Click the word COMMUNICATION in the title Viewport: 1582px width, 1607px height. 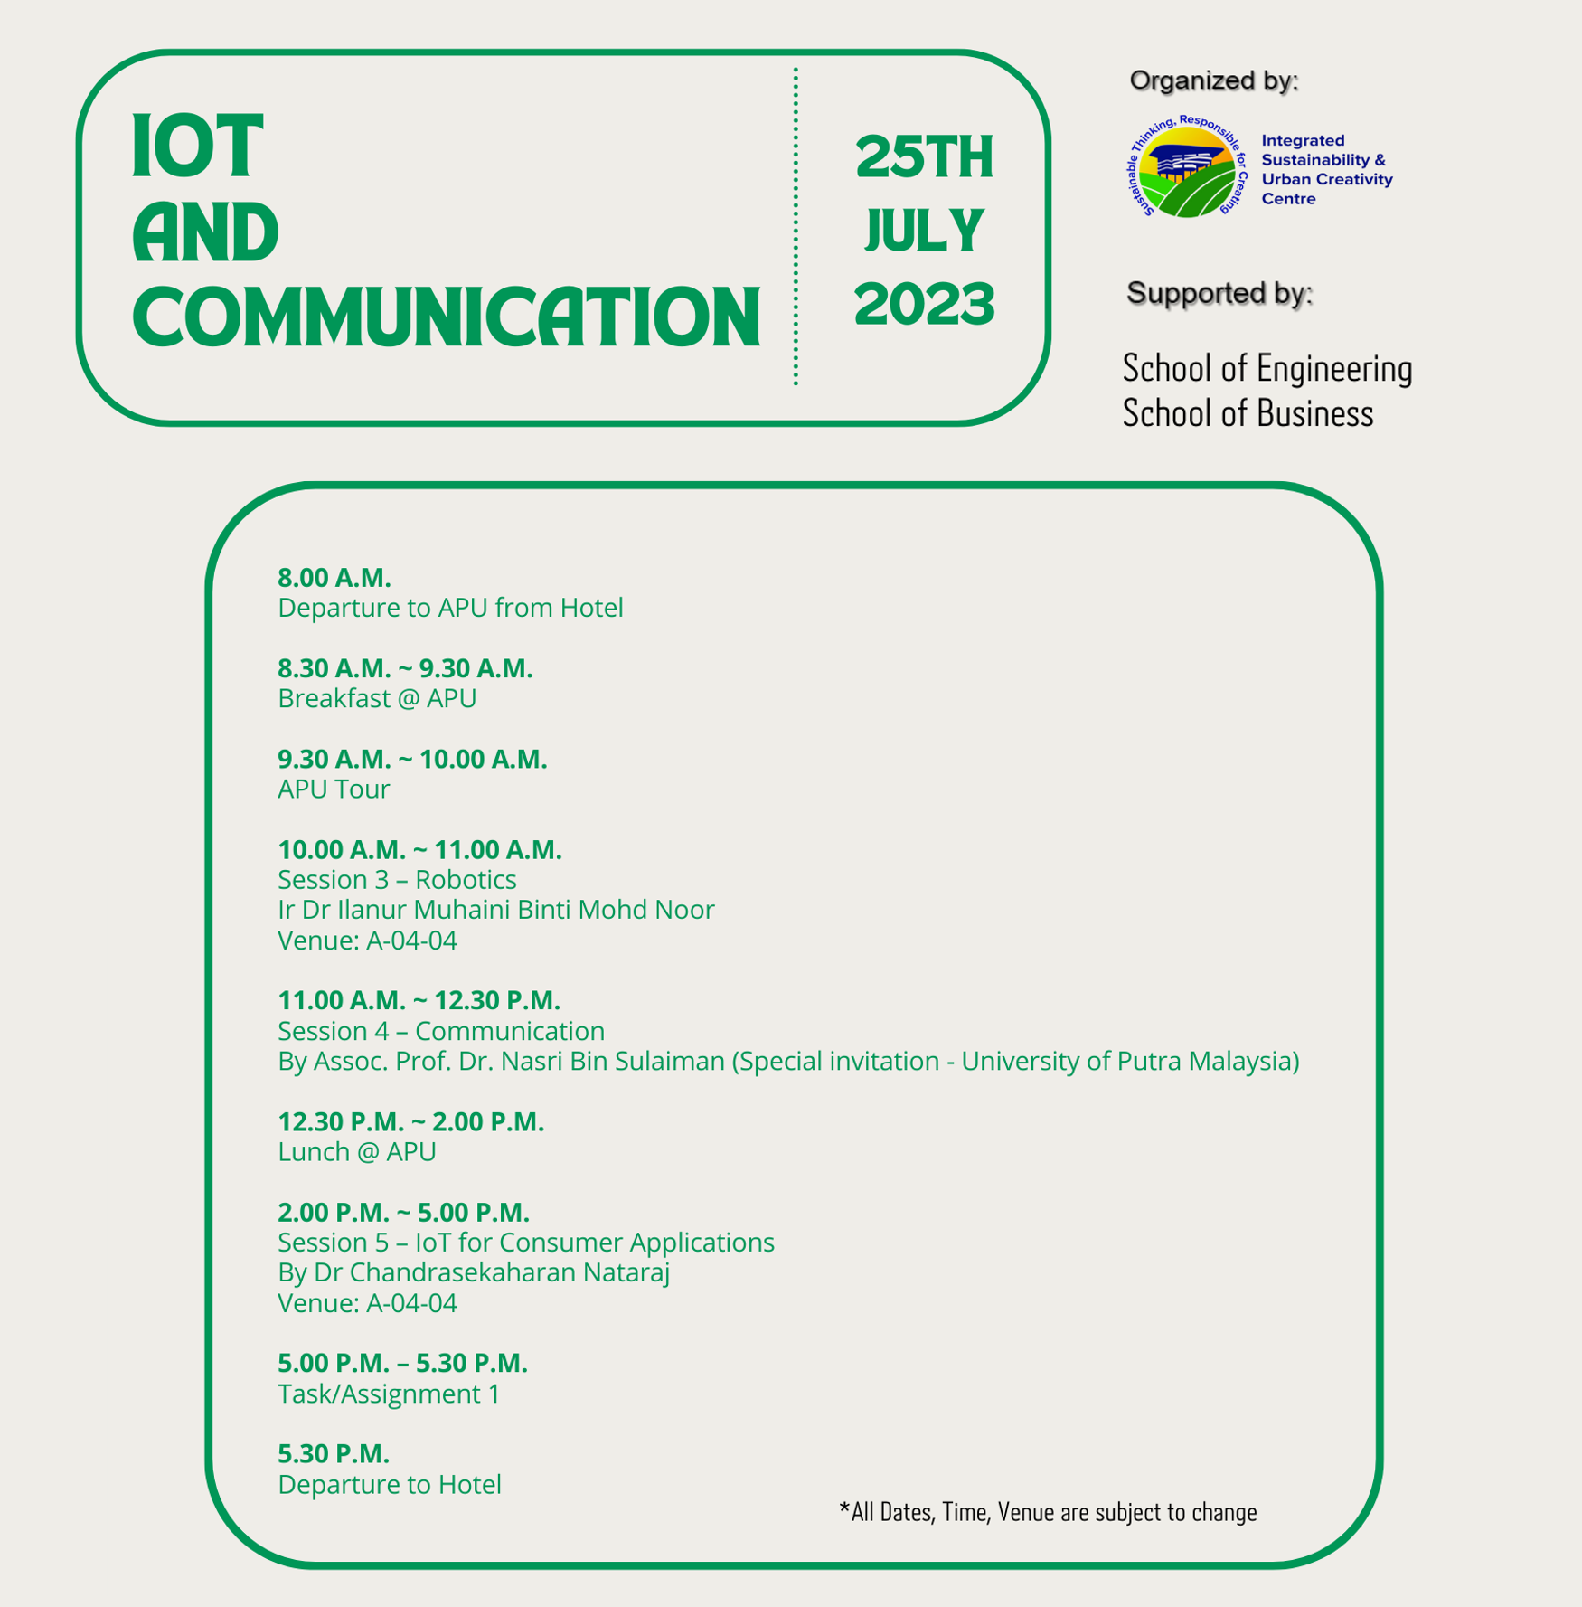(447, 317)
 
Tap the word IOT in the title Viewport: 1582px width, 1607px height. (197, 147)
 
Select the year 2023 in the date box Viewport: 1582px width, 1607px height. (924, 304)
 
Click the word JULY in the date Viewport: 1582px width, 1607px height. (924, 231)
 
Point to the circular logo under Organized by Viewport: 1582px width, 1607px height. (1186, 167)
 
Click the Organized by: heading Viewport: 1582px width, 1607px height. (1213, 80)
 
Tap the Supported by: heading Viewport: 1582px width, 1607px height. (1219, 293)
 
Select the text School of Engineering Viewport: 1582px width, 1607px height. (1267, 369)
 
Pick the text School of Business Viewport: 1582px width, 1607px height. (1248, 414)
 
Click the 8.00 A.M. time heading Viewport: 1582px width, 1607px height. (334, 577)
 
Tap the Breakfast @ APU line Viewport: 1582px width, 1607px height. (377, 698)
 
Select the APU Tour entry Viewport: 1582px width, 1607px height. (334, 789)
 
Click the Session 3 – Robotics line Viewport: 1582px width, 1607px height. (397, 879)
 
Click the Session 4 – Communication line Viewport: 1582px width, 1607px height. (441, 1031)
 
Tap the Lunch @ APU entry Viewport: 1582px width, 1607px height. (357, 1151)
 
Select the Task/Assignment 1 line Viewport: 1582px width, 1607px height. (389, 1394)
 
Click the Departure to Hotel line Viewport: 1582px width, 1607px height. (390, 1484)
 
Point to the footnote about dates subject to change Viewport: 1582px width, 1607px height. (1049, 1512)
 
